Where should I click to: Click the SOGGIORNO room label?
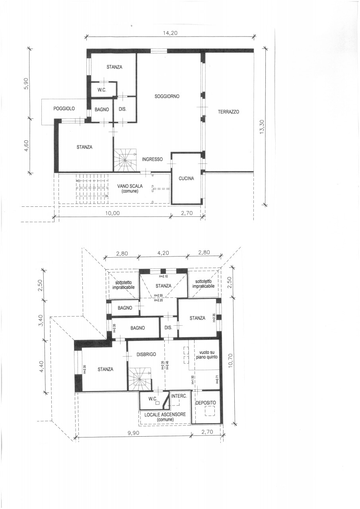click(x=167, y=96)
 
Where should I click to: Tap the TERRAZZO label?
click(x=228, y=112)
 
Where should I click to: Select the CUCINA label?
click(x=186, y=179)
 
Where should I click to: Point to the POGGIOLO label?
click(x=64, y=109)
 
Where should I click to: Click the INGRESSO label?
click(x=152, y=159)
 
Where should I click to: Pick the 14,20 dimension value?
click(x=170, y=33)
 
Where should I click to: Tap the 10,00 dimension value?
click(x=113, y=213)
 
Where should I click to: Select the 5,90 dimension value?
click(x=26, y=84)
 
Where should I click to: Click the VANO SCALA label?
click(x=130, y=186)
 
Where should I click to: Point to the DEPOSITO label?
click(x=206, y=403)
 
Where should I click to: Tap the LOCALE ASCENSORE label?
click(x=165, y=414)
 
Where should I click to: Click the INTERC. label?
click(x=179, y=396)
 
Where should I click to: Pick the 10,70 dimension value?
click(x=231, y=361)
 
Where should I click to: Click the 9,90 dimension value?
click(x=133, y=433)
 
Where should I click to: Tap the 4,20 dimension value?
click(x=163, y=253)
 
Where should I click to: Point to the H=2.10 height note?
click(x=163, y=276)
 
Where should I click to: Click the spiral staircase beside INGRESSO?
click(x=125, y=160)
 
